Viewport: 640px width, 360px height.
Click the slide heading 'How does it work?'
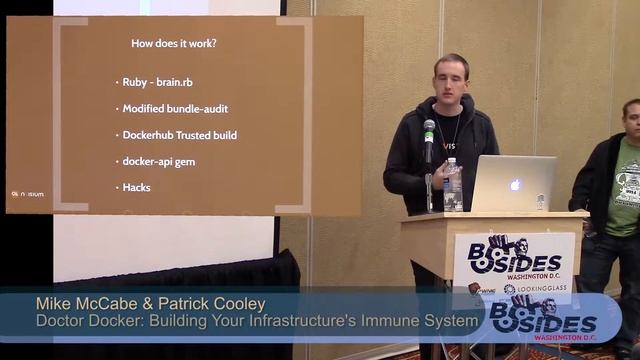point(175,43)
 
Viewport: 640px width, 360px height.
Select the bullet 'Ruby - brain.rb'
point(158,82)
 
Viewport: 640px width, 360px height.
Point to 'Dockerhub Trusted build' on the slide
point(179,134)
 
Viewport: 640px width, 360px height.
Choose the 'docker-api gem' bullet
point(158,161)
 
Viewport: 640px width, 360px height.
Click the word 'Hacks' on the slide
point(136,187)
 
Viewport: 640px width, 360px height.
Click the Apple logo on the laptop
point(515,185)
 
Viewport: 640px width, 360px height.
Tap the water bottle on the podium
point(453,185)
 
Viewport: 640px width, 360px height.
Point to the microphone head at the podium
point(429,129)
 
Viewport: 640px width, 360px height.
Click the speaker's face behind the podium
point(450,79)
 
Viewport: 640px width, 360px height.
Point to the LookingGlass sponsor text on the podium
point(543,289)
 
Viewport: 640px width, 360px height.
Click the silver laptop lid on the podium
point(513,183)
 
